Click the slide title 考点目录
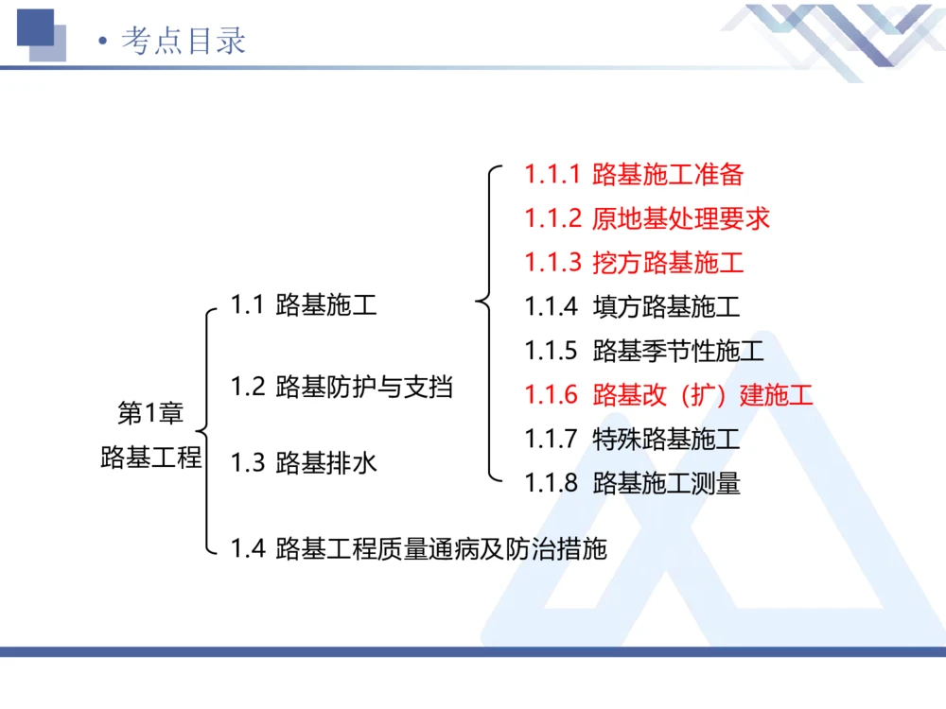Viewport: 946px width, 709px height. [x=184, y=41]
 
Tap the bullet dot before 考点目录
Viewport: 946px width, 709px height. [x=102, y=43]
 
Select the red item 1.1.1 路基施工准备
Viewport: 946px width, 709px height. [x=634, y=174]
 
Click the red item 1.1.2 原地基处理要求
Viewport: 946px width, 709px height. [x=647, y=218]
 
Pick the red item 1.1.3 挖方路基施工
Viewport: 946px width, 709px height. [x=634, y=263]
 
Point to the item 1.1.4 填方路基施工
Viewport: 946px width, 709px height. [x=632, y=307]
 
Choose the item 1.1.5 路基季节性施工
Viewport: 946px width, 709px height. [x=644, y=352]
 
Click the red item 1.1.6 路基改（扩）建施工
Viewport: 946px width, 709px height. [x=669, y=394]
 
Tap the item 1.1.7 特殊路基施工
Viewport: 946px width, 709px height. [x=632, y=439]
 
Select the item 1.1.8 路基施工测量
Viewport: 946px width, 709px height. [x=632, y=484]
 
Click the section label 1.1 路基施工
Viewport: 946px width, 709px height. [x=304, y=304]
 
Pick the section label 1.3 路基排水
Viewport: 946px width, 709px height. [x=304, y=462]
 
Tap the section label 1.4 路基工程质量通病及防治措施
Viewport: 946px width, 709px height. [x=418, y=547]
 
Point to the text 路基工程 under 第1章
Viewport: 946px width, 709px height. [x=151, y=458]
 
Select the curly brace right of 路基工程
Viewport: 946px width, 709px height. [x=207, y=430]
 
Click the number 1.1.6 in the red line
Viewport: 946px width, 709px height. [x=551, y=394]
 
